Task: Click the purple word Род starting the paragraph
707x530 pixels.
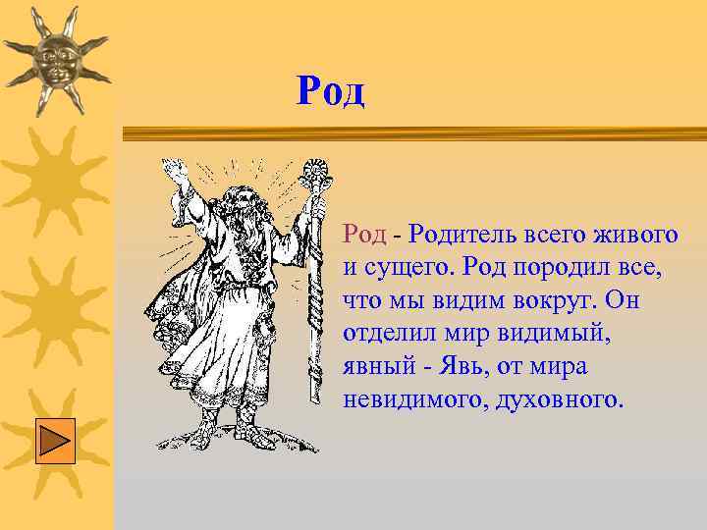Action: (363, 234)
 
